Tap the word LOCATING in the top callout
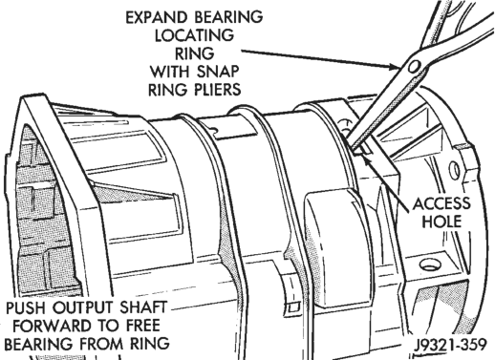(194, 35)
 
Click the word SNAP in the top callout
(217, 72)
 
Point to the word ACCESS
(441, 203)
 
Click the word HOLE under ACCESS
(441, 222)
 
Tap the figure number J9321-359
(450, 345)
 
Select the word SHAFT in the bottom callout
(143, 307)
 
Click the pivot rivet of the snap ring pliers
(414, 67)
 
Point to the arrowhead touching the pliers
(395, 67)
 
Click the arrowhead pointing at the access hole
(366, 159)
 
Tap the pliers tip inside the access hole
(356, 149)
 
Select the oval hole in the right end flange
(455, 170)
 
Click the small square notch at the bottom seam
(293, 307)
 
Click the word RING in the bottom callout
(149, 344)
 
